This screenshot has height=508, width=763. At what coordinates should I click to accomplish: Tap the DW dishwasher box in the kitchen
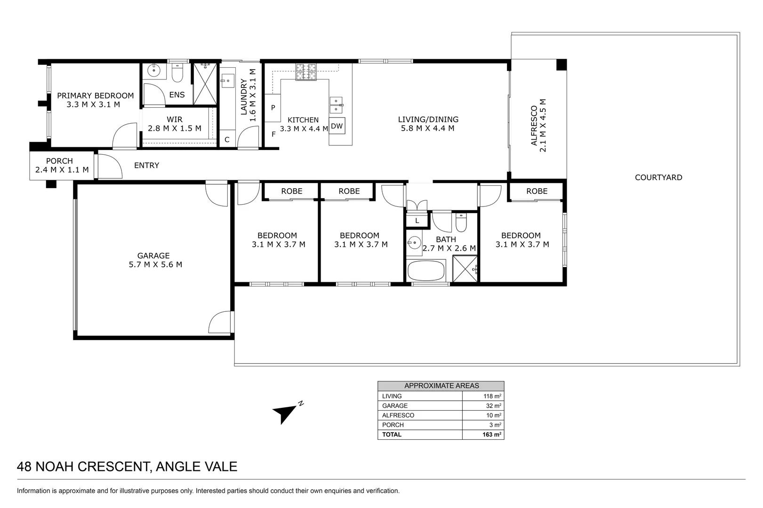click(x=337, y=126)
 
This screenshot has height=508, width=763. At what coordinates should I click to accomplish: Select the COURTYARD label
click(x=658, y=177)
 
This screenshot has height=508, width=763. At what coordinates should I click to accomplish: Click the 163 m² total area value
click(x=491, y=435)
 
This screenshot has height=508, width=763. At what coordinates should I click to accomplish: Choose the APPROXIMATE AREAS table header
click(x=441, y=386)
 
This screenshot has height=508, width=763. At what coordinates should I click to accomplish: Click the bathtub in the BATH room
click(x=426, y=271)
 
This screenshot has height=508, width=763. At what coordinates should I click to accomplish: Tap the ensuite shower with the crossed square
click(x=205, y=84)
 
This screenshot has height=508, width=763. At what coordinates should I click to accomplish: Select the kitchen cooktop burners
click(x=306, y=71)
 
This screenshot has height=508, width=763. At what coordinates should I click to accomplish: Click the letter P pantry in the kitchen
click(x=273, y=108)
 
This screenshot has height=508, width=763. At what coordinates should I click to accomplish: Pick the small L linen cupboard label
click(x=417, y=221)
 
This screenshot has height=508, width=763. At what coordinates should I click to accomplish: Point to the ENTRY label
click(x=146, y=166)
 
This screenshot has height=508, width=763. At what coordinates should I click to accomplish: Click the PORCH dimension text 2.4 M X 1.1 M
click(x=62, y=170)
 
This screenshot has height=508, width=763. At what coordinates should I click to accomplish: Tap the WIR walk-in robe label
click(x=175, y=119)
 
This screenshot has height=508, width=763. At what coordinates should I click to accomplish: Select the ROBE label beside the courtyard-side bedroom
click(x=537, y=191)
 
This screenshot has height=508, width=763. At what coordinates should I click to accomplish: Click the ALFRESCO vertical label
click(x=534, y=126)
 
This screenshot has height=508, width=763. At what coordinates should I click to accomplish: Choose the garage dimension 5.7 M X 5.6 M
click(x=155, y=264)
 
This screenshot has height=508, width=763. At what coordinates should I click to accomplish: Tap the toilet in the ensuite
click(x=177, y=73)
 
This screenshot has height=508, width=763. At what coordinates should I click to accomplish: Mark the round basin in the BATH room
click(x=414, y=243)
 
